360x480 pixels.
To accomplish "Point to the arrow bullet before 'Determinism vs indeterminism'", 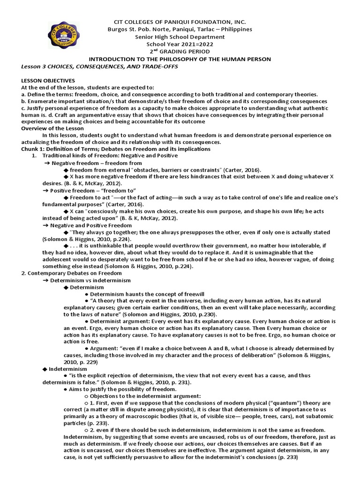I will pos(46,280).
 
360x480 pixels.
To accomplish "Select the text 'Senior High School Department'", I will pos(180,37).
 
